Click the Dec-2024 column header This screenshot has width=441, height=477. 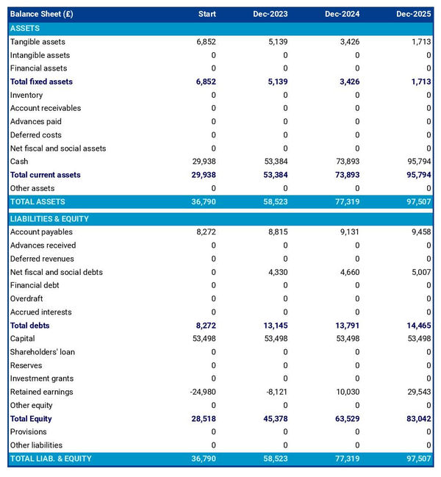[x=344, y=14]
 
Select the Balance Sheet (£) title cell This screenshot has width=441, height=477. [x=42, y=14]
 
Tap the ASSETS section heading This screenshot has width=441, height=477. [x=25, y=28]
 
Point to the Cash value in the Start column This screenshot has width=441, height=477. [x=202, y=162]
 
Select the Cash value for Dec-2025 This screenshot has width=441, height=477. [x=417, y=162]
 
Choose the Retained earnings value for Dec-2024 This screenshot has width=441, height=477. [x=345, y=392]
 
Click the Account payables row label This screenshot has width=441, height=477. [x=41, y=232]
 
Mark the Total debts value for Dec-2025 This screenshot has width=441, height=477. [x=417, y=326]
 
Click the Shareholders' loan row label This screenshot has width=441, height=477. [x=43, y=352]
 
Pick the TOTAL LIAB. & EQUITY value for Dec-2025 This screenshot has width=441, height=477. [x=417, y=459]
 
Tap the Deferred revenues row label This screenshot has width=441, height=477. [x=42, y=259]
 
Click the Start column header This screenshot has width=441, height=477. [x=207, y=14]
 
